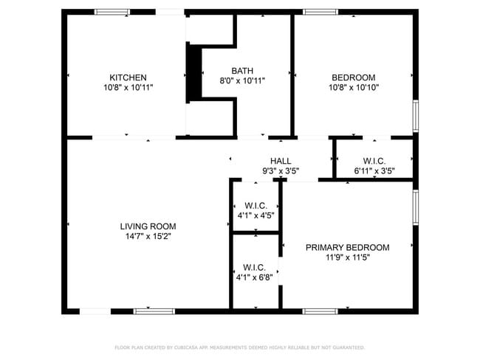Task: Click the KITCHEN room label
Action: (128, 77)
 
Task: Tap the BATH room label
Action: (243, 71)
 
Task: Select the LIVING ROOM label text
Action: (148, 226)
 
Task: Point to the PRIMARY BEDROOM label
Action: (347, 248)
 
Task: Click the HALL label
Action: (281, 161)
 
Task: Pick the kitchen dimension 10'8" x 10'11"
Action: (128, 87)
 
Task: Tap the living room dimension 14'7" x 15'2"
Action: (148, 237)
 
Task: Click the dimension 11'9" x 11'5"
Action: (347, 258)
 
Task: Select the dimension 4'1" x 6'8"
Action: (255, 277)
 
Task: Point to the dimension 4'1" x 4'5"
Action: (256, 215)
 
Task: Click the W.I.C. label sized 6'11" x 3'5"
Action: (374, 161)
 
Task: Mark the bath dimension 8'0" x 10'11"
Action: (243, 80)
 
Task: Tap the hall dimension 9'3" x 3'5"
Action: (281, 171)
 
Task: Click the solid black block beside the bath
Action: (194, 72)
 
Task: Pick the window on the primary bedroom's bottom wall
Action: (320, 311)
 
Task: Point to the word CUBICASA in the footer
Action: (189, 347)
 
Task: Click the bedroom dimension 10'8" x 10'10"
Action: (353, 87)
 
